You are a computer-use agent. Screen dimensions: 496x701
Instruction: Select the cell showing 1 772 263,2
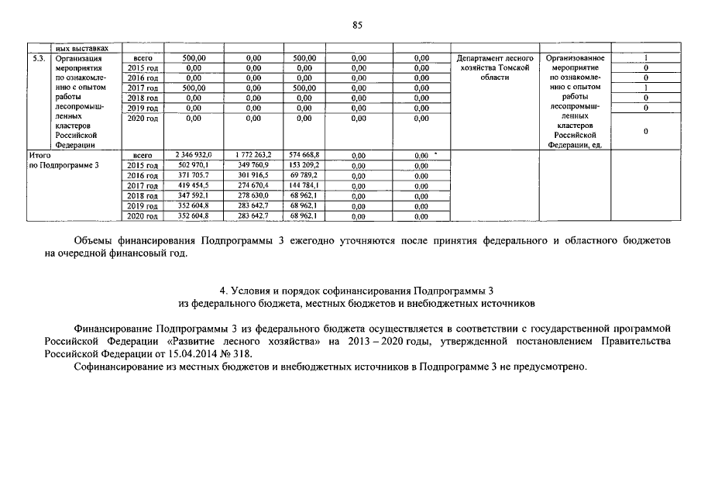point(253,155)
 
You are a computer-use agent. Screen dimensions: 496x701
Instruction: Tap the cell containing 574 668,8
point(304,155)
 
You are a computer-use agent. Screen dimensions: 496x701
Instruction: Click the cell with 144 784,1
point(304,186)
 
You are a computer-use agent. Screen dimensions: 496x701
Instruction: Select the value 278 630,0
point(253,196)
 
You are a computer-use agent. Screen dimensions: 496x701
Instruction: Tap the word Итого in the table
point(40,155)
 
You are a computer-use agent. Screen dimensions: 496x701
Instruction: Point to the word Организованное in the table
point(575,58)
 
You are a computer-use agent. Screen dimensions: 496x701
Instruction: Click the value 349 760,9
point(253,166)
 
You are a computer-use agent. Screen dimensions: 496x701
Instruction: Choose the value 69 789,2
point(304,176)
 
